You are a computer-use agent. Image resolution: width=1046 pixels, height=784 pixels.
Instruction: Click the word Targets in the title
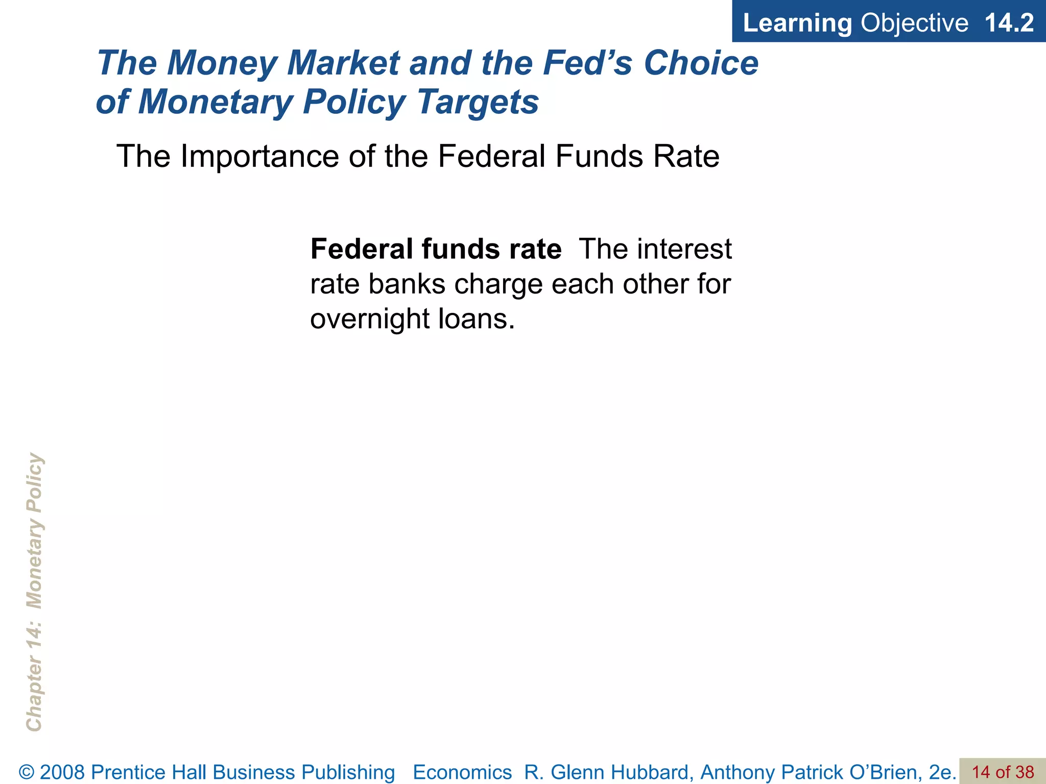pos(478,102)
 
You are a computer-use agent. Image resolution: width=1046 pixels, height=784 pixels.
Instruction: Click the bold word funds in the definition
pos(462,250)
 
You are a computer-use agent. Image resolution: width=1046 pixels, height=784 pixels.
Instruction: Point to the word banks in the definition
pos(407,284)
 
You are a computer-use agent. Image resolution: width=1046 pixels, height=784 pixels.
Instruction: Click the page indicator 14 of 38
pos(1003,772)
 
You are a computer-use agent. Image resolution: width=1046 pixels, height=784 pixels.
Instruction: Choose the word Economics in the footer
pos(462,772)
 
